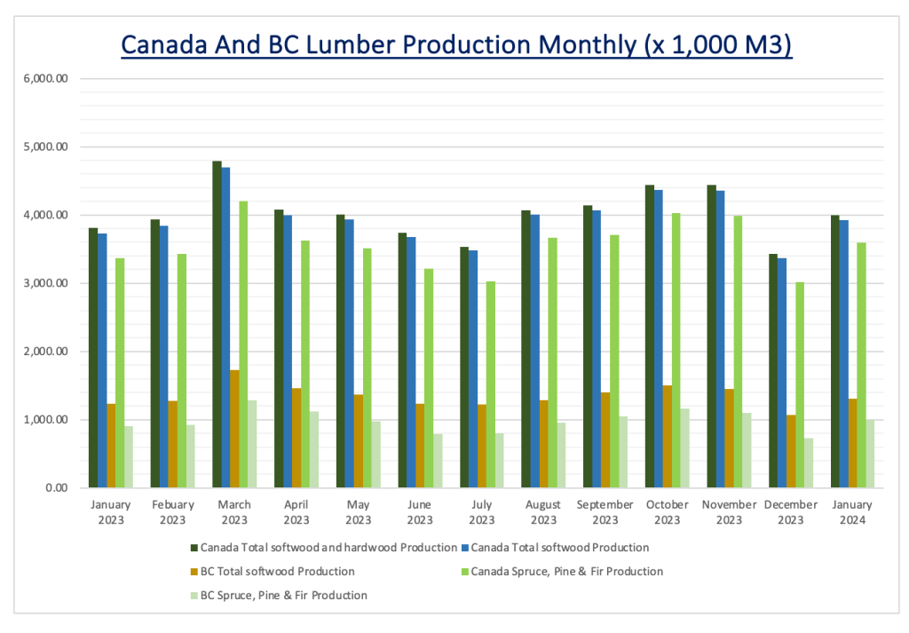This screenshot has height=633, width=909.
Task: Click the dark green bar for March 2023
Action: tap(217, 324)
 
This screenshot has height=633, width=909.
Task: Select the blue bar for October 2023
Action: tap(659, 338)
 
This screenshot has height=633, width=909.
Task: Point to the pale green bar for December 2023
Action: tap(809, 463)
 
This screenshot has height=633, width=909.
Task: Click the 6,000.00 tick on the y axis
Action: tap(49, 79)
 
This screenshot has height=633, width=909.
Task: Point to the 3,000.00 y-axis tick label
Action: tap(49, 283)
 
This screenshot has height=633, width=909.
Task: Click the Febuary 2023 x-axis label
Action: tap(172, 512)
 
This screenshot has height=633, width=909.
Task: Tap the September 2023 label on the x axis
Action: tap(605, 512)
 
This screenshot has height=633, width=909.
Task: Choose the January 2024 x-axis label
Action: tap(852, 512)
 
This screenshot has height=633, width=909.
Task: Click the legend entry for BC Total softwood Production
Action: tap(278, 572)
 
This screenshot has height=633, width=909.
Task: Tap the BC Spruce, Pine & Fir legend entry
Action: tap(284, 596)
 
